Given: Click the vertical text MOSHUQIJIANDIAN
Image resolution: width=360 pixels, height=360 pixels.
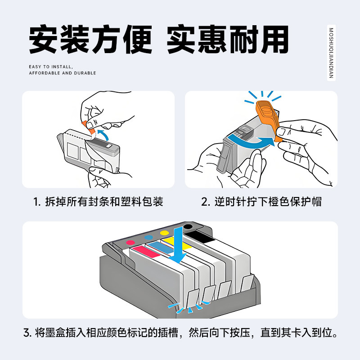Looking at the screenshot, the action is click(331, 53).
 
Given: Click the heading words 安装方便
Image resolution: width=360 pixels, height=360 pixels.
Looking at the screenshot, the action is click(90, 40).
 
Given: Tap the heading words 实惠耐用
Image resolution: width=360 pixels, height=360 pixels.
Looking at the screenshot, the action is click(228, 40).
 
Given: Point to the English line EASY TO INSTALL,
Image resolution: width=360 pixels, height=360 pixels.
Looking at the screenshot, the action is click(51, 67).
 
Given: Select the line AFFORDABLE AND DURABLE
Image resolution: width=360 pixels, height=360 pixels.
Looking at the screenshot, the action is click(63, 73).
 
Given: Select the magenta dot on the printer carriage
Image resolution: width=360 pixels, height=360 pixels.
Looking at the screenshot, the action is click(130, 243).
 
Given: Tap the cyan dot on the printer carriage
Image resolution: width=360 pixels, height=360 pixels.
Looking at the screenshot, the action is click(149, 237).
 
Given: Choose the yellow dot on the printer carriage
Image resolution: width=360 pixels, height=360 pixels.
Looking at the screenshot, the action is click(165, 233).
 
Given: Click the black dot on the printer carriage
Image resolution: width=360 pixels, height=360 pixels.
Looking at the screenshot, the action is click(188, 227).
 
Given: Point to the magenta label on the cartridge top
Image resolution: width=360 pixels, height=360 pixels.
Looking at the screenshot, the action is click(146, 252).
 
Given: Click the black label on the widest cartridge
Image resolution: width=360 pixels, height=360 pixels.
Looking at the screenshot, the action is click(200, 237).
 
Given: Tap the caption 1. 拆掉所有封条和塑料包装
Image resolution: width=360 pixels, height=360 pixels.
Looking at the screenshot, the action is click(98, 202).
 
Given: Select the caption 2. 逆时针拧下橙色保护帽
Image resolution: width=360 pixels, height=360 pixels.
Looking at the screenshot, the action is click(261, 202).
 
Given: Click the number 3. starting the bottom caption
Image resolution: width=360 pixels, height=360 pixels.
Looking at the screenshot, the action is click(27, 333).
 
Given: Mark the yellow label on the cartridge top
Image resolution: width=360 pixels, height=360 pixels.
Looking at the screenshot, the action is click(175, 243).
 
